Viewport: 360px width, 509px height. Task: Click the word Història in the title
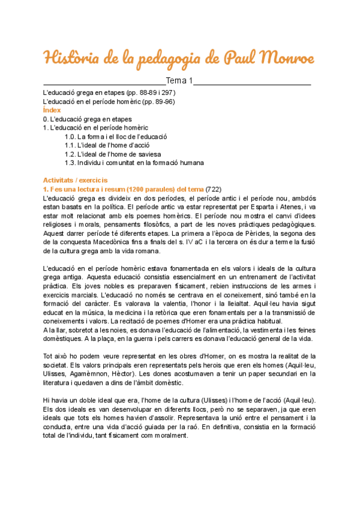(73, 59)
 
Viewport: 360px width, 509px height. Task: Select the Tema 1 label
(179, 81)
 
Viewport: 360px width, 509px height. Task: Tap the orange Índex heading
(52, 110)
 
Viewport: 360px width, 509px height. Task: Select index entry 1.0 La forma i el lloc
(116, 136)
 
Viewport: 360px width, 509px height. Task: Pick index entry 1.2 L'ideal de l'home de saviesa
(113, 154)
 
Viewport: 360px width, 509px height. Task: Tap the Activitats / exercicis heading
(75, 180)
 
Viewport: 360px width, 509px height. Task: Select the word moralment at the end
(170, 436)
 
